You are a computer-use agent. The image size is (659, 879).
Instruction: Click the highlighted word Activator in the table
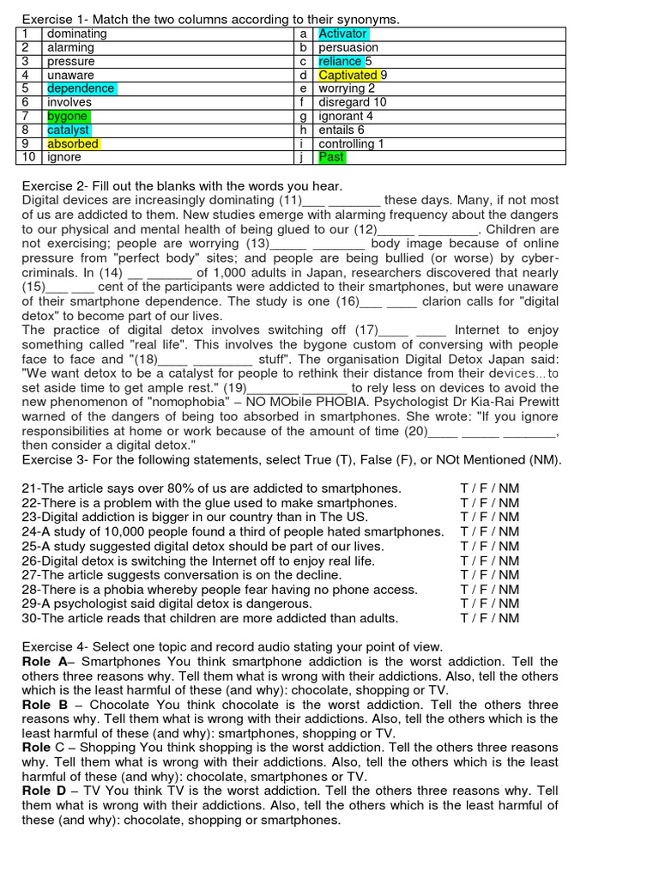click(342, 33)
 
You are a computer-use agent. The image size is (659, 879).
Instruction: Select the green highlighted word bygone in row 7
click(67, 116)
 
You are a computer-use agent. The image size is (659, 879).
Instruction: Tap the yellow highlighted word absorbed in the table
click(73, 143)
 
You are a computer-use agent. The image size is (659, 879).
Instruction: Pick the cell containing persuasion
click(348, 47)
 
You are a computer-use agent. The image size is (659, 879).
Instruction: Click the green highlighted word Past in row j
click(331, 157)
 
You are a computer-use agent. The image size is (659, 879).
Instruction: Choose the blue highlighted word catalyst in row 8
click(69, 130)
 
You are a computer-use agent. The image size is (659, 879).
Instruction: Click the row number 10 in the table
click(28, 157)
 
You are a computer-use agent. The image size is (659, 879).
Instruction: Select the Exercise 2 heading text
click(182, 186)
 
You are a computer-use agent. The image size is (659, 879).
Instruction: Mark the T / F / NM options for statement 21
click(489, 488)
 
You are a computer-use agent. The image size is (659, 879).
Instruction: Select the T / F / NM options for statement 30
click(489, 618)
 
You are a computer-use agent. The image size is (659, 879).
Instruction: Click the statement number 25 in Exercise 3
click(30, 546)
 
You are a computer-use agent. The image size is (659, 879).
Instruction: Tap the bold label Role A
click(44, 661)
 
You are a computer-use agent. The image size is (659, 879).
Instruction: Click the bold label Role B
click(44, 705)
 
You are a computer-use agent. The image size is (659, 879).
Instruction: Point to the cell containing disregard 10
click(352, 102)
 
